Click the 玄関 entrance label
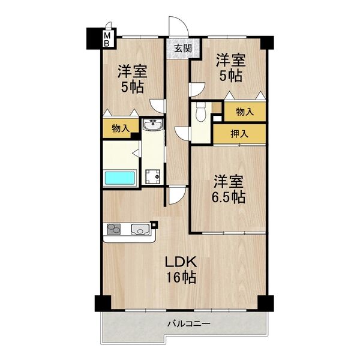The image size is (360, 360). (183, 49)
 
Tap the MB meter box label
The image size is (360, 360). (108, 40)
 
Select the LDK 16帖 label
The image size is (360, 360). (181, 269)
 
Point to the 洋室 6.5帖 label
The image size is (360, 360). (229, 188)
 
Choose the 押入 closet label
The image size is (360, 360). (239, 134)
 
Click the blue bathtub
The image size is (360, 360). (121, 178)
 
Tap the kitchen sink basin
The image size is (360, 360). (141, 229)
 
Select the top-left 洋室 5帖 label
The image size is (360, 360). (133, 79)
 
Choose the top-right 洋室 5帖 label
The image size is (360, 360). (230, 68)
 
